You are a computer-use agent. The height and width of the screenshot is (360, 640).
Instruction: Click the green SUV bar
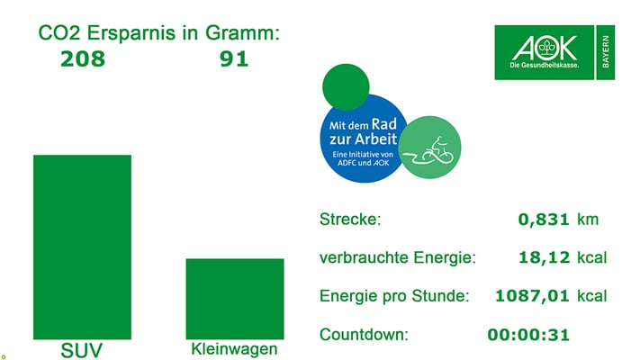pos(82,246)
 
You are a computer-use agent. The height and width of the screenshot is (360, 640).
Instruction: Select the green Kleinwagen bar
pos(235,298)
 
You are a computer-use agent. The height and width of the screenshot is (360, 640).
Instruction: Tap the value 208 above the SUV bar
pos(82,60)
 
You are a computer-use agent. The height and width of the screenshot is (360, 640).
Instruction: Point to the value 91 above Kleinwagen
pos(234,60)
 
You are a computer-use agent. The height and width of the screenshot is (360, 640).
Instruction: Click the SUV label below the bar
pos(82,350)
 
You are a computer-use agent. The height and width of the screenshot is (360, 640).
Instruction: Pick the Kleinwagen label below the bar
pos(235,349)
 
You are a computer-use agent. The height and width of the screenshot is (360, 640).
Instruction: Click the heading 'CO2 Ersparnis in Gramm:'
pos(159,34)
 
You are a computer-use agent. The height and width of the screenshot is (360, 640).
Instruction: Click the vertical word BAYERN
pos(606,52)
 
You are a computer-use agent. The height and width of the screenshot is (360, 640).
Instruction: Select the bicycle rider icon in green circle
pos(430,148)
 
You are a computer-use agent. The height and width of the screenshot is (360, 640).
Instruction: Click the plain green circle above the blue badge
pos(346,86)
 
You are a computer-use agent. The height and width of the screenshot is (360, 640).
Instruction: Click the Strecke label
pos(350,220)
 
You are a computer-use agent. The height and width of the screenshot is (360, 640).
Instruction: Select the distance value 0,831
pos(544,220)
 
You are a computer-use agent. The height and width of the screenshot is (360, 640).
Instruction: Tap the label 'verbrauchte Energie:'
pos(397,258)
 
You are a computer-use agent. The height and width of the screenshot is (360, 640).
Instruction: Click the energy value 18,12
pos(545,258)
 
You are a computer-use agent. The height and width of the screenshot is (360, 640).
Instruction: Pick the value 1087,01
pos(533,296)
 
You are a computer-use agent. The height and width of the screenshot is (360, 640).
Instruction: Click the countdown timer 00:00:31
pos(528,335)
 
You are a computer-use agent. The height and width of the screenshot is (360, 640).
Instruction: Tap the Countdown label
pos(363,335)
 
